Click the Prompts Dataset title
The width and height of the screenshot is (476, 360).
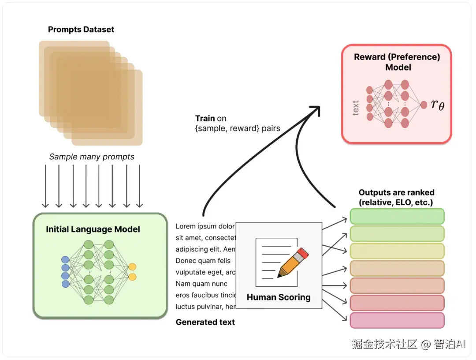[x=81, y=30]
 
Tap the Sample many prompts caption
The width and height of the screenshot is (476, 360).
[x=92, y=157]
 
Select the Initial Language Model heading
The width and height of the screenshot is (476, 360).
[x=93, y=229]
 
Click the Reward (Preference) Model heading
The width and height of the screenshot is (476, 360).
[x=397, y=62]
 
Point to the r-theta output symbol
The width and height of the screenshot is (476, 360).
[x=438, y=105]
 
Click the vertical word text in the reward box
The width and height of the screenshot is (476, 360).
[x=356, y=108]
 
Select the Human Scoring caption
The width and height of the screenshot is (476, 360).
[x=279, y=297]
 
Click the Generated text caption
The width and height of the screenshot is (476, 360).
[x=205, y=322]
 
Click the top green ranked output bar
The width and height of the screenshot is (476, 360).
[x=397, y=217]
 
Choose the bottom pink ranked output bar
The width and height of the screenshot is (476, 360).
[x=397, y=320]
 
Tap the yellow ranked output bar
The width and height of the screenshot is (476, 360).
[x=397, y=251]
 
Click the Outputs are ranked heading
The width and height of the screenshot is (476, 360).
[x=397, y=198]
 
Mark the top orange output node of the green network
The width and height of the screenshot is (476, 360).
[x=132, y=267]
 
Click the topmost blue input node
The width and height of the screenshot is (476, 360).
[x=65, y=260]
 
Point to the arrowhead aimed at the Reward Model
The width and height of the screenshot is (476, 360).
[x=316, y=110]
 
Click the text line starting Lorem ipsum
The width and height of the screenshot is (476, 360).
[x=205, y=226]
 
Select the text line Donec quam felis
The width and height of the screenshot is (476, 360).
[x=203, y=261]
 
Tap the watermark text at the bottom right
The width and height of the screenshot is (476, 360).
[x=409, y=344]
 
